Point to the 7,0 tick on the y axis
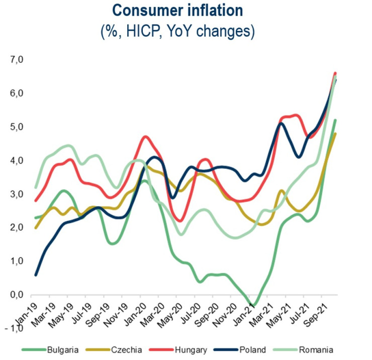[x=17, y=60]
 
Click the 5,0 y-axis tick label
[x=17, y=127]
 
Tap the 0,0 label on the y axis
[x=17, y=295]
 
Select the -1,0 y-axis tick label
[x=15, y=328]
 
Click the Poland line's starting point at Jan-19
[x=36, y=275]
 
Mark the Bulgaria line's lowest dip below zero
[x=253, y=305]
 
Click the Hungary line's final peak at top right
[x=335, y=73]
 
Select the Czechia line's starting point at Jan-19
[x=36, y=228]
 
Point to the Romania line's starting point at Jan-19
[x=36, y=188]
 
